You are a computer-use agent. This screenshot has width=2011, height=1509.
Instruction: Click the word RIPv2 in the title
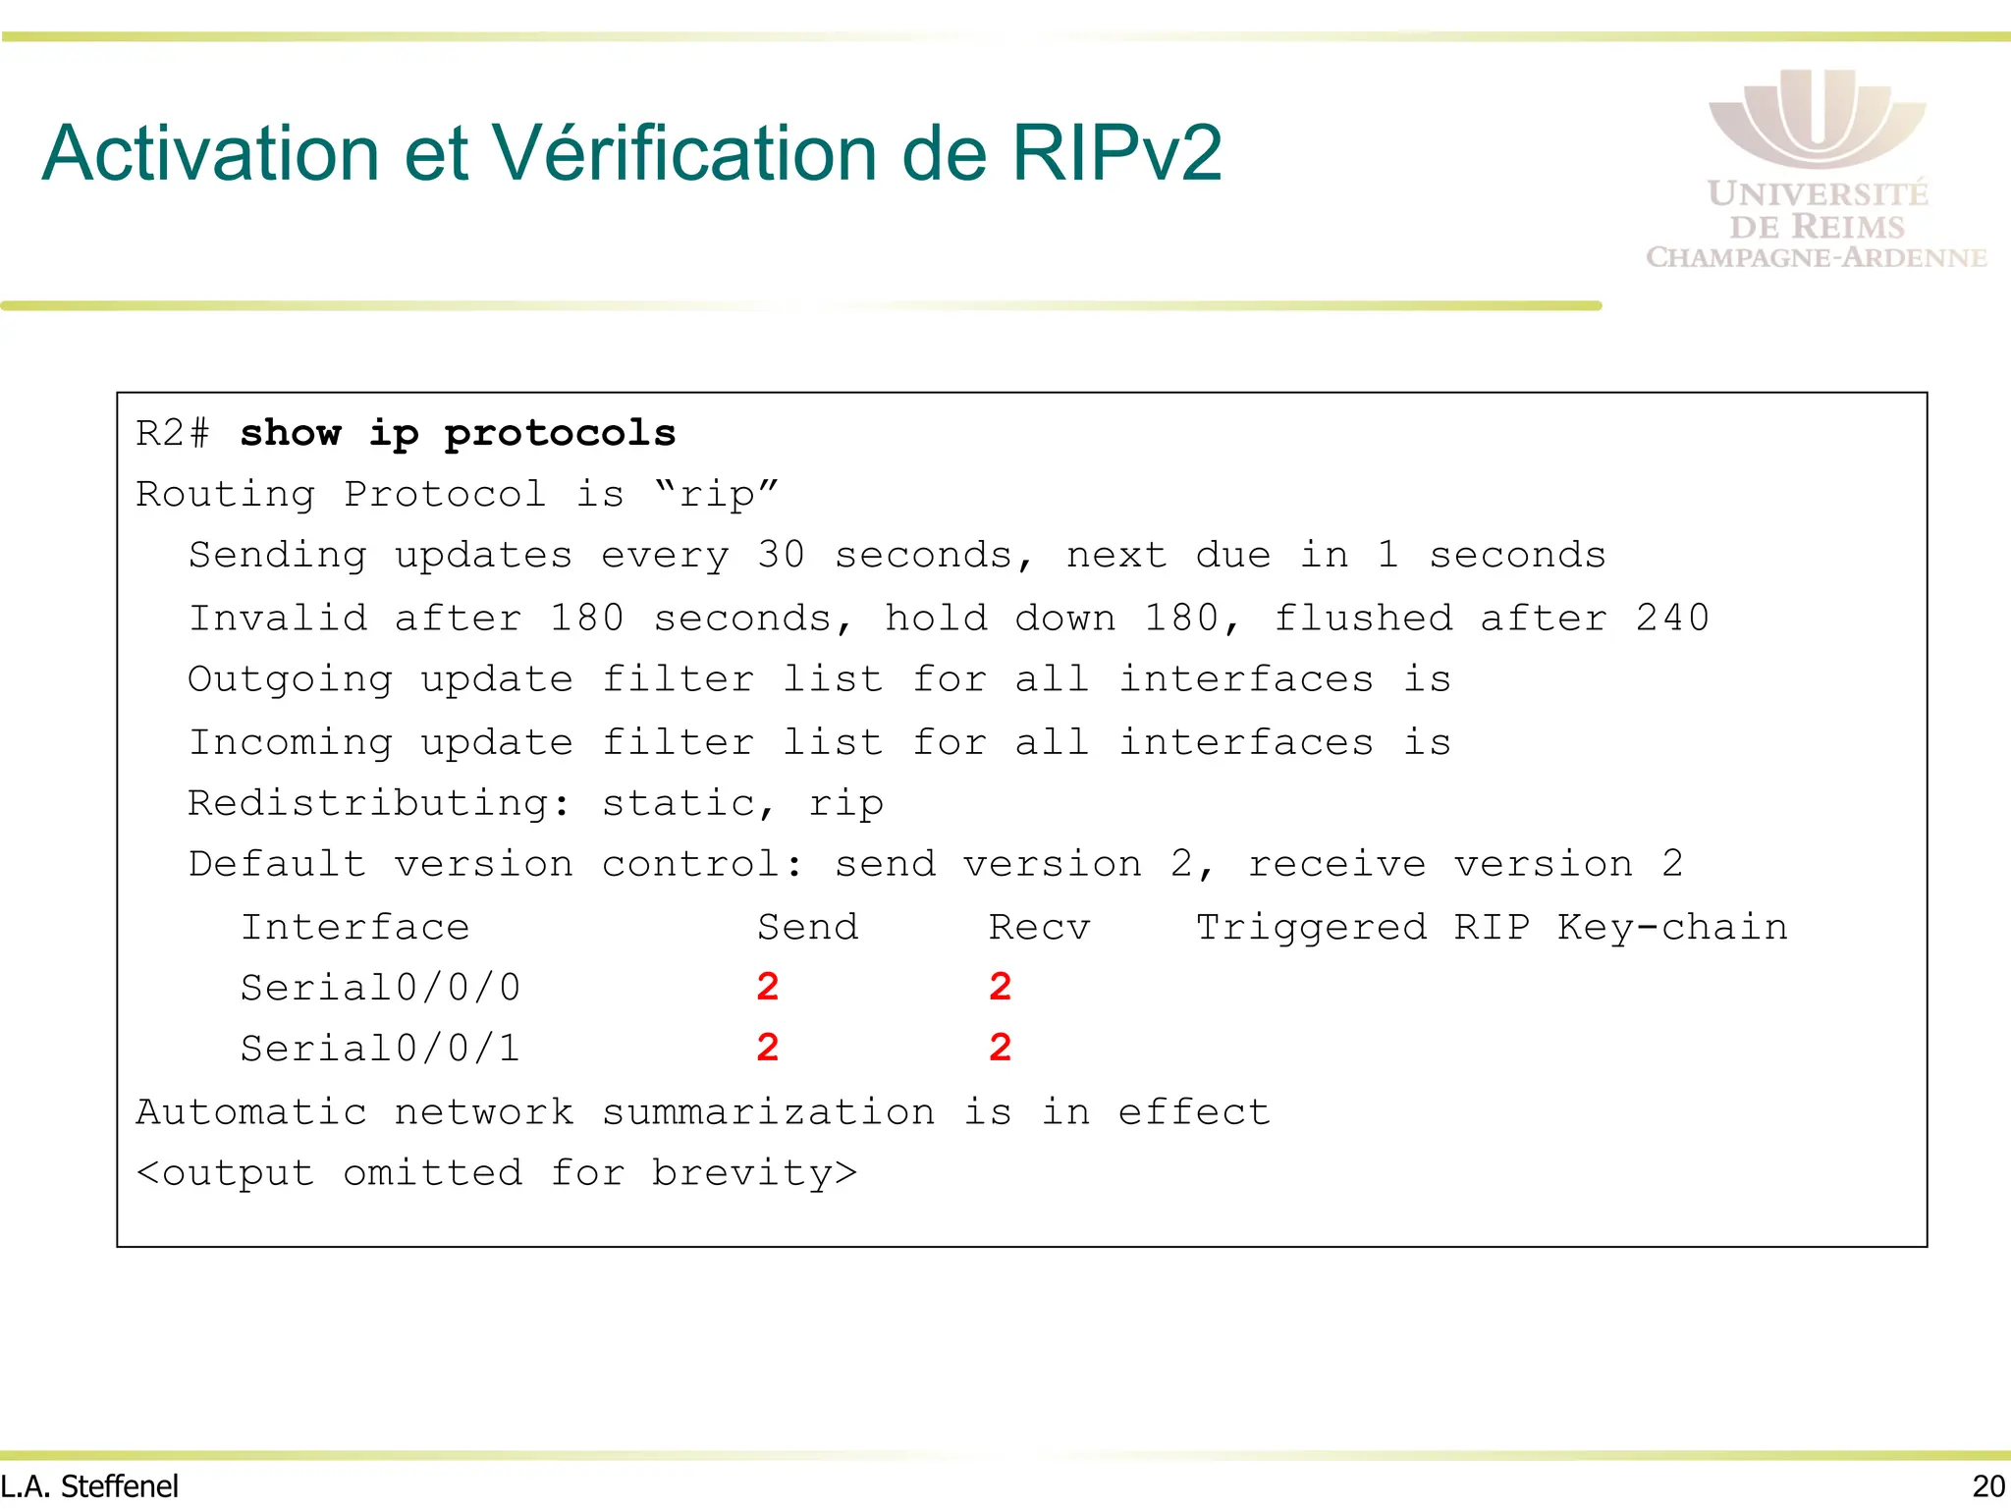[x=1116, y=153]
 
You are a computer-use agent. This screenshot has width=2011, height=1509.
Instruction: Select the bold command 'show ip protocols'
[x=458, y=433]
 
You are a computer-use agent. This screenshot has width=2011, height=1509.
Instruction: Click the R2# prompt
[x=172, y=433]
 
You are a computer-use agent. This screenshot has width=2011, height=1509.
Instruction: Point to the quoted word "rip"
[x=716, y=494]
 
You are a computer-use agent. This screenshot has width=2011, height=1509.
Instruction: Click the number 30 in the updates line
[x=781, y=556]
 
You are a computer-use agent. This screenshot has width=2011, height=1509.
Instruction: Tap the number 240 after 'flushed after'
[x=1671, y=618]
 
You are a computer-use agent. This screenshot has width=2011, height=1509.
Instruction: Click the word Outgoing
[x=290, y=679]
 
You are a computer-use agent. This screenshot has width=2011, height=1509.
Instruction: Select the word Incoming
[x=290, y=742]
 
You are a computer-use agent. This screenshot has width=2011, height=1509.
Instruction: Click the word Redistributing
[x=378, y=803]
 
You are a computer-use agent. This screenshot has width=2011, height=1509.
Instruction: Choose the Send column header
[x=807, y=927]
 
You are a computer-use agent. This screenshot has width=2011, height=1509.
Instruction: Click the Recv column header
[x=1039, y=927]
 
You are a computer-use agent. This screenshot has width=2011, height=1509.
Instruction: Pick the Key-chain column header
[x=1671, y=927]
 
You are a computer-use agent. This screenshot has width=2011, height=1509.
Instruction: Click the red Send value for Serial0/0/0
[x=768, y=987]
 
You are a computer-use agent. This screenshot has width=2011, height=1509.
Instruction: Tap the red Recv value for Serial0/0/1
[x=1000, y=1049]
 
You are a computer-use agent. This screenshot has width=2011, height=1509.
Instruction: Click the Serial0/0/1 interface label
[x=380, y=1049]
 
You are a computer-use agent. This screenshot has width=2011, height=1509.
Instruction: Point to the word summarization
[x=768, y=1112]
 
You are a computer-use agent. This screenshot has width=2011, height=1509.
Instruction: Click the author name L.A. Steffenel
[x=90, y=1486]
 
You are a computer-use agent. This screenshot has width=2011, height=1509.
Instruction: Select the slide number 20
[x=1988, y=1486]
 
